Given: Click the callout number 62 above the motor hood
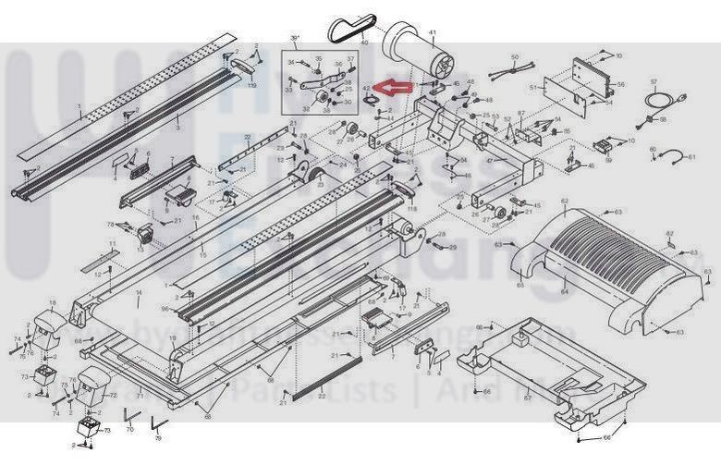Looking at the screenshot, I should [564, 202].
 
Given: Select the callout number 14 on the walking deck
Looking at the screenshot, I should [140, 293].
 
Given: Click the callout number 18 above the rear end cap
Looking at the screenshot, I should [52, 302].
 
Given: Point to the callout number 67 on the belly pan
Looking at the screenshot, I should [527, 398].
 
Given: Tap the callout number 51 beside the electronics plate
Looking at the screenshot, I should [533, 87].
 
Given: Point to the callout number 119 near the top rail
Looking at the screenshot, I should [251, 84].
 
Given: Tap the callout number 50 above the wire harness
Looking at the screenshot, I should [515, 57].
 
